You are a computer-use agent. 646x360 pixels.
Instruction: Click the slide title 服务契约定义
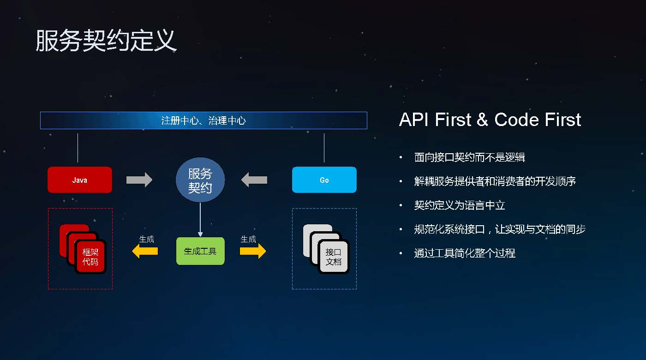(x=106, y=41)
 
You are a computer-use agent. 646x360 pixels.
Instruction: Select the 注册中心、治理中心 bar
(x=203, y=120)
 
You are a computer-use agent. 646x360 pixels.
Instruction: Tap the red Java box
(x=80, y=180)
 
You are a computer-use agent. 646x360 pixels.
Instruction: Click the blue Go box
(x=324, y=180)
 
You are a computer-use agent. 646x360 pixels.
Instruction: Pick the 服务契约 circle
(x=200, y=180)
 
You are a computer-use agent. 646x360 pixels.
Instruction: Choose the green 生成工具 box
(x=200, y=251)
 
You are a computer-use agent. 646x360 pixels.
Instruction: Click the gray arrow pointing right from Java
(x=139, y=180)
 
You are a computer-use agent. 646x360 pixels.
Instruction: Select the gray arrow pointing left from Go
(x=254, y=180)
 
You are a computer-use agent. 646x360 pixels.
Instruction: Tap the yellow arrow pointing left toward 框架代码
(x=145, y=251)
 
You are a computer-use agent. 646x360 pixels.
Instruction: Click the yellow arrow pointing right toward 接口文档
(x=253, y=251)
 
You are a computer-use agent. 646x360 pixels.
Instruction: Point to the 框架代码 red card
(x=90, y=257)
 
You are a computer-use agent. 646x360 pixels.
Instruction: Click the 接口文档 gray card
(x=334, y=257)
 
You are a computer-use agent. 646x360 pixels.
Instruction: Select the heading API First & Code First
(x=490, y=120)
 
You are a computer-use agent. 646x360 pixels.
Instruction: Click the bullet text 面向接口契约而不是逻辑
(x=469, y=157)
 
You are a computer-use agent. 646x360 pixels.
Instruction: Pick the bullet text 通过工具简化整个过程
(x=465, y=253)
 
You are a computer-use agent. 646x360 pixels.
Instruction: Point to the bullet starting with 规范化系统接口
(x=500, y=229)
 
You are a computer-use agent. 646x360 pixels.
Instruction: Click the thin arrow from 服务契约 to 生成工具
(x=200, y=220)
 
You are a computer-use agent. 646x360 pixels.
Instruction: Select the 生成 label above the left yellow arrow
(x=147, y=240)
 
